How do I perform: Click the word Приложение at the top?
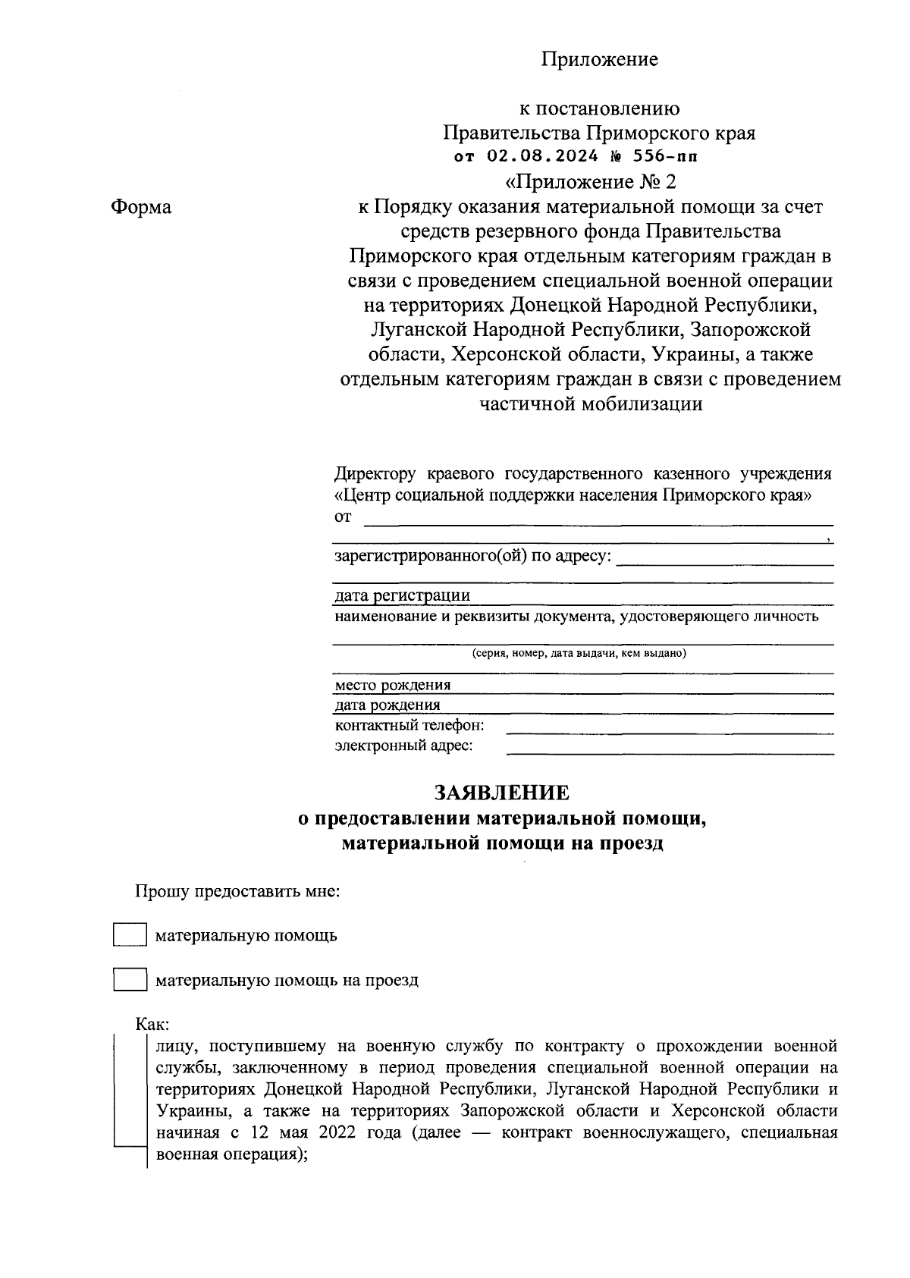click(599, 59)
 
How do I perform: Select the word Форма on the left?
click(141, 207)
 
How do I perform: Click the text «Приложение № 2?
click(589, 183)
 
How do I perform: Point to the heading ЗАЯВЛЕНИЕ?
click(502, 793)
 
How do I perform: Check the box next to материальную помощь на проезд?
click(130, 979)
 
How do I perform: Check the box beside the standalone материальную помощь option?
click(130, 934)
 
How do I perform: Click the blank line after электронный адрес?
click(670, 750)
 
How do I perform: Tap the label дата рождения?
click(388, 706)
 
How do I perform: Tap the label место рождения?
click(393, 686)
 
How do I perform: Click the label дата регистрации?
click(403, 596)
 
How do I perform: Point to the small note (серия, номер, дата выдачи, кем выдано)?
click(579, 653)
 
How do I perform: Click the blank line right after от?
click(599, 521)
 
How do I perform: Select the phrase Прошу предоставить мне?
click(237, 890)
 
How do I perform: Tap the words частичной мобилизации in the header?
click(591, 404)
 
